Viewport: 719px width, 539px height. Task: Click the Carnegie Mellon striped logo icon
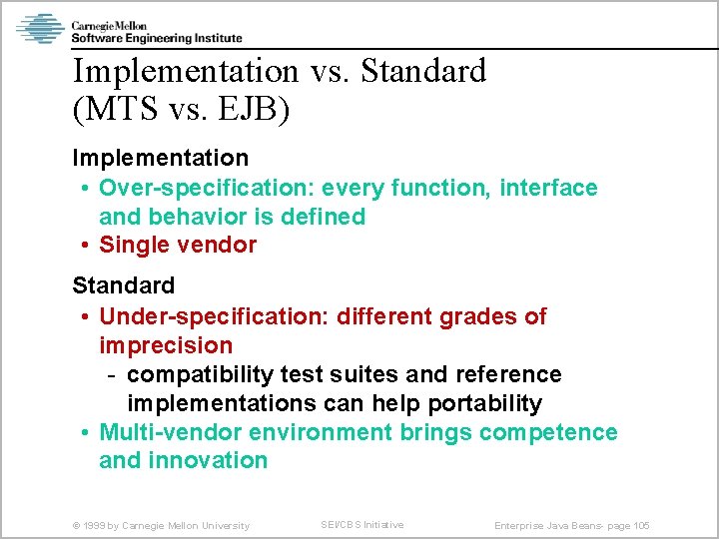point(40,28)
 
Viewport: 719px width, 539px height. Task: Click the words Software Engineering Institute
point(156,38)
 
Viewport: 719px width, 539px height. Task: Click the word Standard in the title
point(423,71)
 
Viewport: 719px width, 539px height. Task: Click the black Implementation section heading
point(160,158)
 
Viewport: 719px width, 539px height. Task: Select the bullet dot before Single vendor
point(87,246)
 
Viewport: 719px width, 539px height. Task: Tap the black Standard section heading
point(123,285)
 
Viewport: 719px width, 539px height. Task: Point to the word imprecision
point(166,345)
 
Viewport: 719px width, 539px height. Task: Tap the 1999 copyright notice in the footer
point(161,525)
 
